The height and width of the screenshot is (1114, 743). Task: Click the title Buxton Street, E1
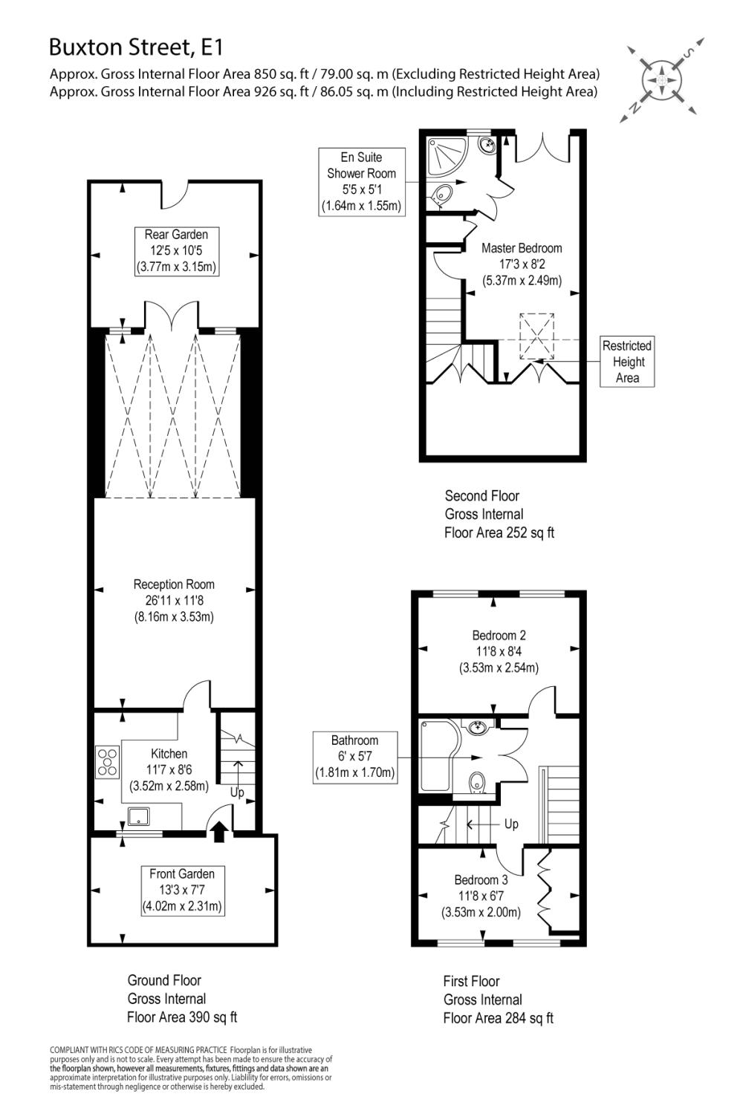pyautogui.click(x=136, y=48)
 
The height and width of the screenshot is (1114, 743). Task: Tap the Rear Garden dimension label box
pyautogui.click(x=176, y=251)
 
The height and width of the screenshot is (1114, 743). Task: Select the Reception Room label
pyautogui.click(x=174, y=600)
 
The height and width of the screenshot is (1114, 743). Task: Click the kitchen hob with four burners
pyautogui.click(x=108, y=762)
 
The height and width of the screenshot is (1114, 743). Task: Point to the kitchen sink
pyautogui.click(x=139, y=817)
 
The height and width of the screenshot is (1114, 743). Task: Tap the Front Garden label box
pyautogui.click(x=182, y=890)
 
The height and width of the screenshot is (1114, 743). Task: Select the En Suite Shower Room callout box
pyautogui.click(x=362, y=181)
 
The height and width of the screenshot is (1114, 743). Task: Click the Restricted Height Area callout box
pyautogui.click(x=627, y=362)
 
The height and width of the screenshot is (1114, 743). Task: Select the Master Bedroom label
pyautogui.click(x=522, y=264)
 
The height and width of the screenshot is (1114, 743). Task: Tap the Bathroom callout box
pyautogui.click(x=354, y=756)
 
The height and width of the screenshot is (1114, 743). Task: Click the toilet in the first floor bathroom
pyautogui.click(x=476, y=782)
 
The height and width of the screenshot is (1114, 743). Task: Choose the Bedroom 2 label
pyautogui.click(x=499, y=651)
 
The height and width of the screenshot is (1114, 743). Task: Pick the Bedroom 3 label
pyautogui.click(x=481, y=896)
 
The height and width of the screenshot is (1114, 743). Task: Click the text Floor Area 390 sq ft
pyautogui.click(x=182, y=1017)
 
